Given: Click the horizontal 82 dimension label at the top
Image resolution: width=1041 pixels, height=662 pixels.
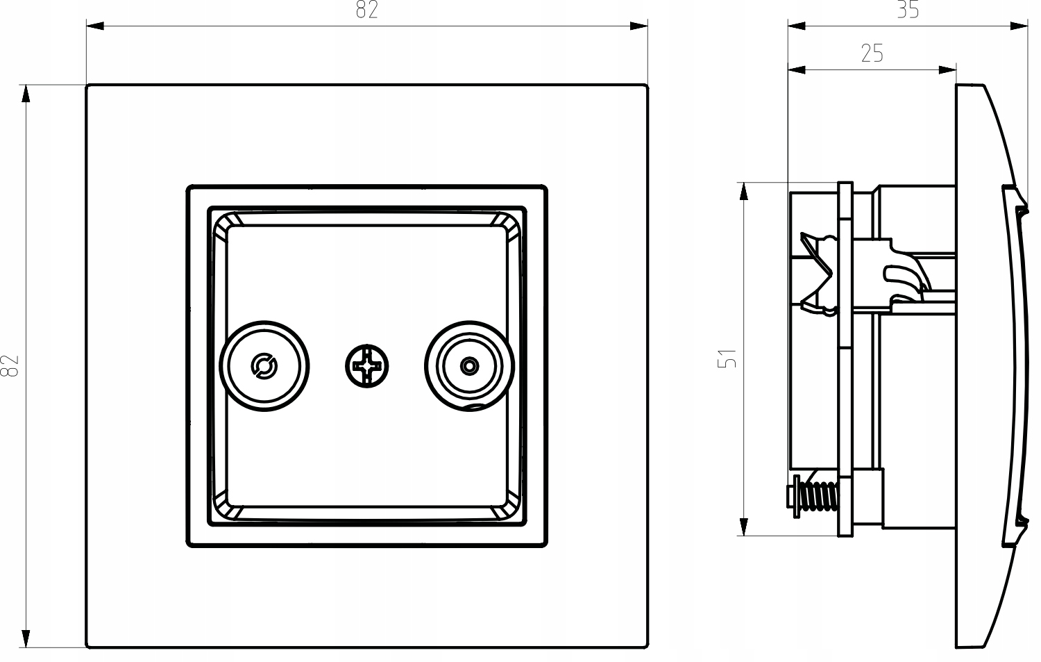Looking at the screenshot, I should click(x=366, y=10).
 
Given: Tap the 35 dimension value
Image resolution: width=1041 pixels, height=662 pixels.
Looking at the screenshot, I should click(x=907, y=10).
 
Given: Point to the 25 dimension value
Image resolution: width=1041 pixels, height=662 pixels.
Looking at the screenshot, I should click(x=872, y=53).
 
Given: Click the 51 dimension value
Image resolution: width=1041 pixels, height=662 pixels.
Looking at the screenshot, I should click(x=727, y=358).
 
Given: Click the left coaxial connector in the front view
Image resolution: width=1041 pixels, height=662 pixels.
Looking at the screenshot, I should click(x=264, y=365).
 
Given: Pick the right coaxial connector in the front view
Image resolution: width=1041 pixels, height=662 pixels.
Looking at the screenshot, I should click(x=470, y=365).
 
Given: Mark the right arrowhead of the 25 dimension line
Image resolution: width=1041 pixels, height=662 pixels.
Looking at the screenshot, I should click(x=947, y=69).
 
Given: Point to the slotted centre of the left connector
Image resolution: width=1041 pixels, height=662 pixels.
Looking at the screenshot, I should click(x=264, y=365).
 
